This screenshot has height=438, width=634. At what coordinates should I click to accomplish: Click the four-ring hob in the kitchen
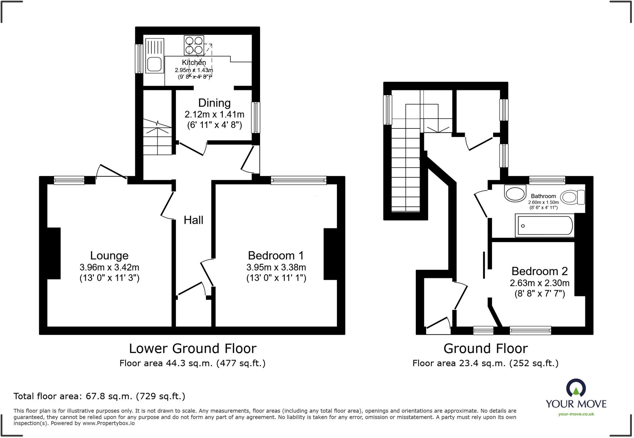[x=194, y=45]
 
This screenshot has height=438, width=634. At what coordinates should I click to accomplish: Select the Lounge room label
[x=109, y=256]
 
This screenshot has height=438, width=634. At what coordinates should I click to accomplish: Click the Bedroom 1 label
[x=276, y=256]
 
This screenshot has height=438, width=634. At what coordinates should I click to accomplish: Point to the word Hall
[x=193, y=220]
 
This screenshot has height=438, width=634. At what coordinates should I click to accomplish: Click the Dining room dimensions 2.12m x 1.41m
[x=214, y=115]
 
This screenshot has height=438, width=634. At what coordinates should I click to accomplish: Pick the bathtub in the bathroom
[x=544, y=226]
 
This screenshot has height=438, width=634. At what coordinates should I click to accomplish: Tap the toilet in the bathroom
[x=572, y=197]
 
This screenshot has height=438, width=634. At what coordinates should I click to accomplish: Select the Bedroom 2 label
[x=539, y=271]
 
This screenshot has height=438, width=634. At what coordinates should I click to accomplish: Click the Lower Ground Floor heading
[x=193, y=349]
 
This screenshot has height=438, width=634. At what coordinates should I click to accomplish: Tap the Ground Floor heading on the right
[x=485, y=349]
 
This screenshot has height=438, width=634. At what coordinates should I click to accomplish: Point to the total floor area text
[x=99, y=396]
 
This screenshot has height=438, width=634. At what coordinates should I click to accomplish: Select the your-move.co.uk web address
[x=576, y=414]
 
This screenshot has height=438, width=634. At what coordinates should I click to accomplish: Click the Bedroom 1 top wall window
[x=298, y=180]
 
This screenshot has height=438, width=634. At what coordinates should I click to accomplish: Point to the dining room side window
[x=256, y=118]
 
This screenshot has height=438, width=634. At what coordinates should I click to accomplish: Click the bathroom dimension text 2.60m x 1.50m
[x=543, y=202]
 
